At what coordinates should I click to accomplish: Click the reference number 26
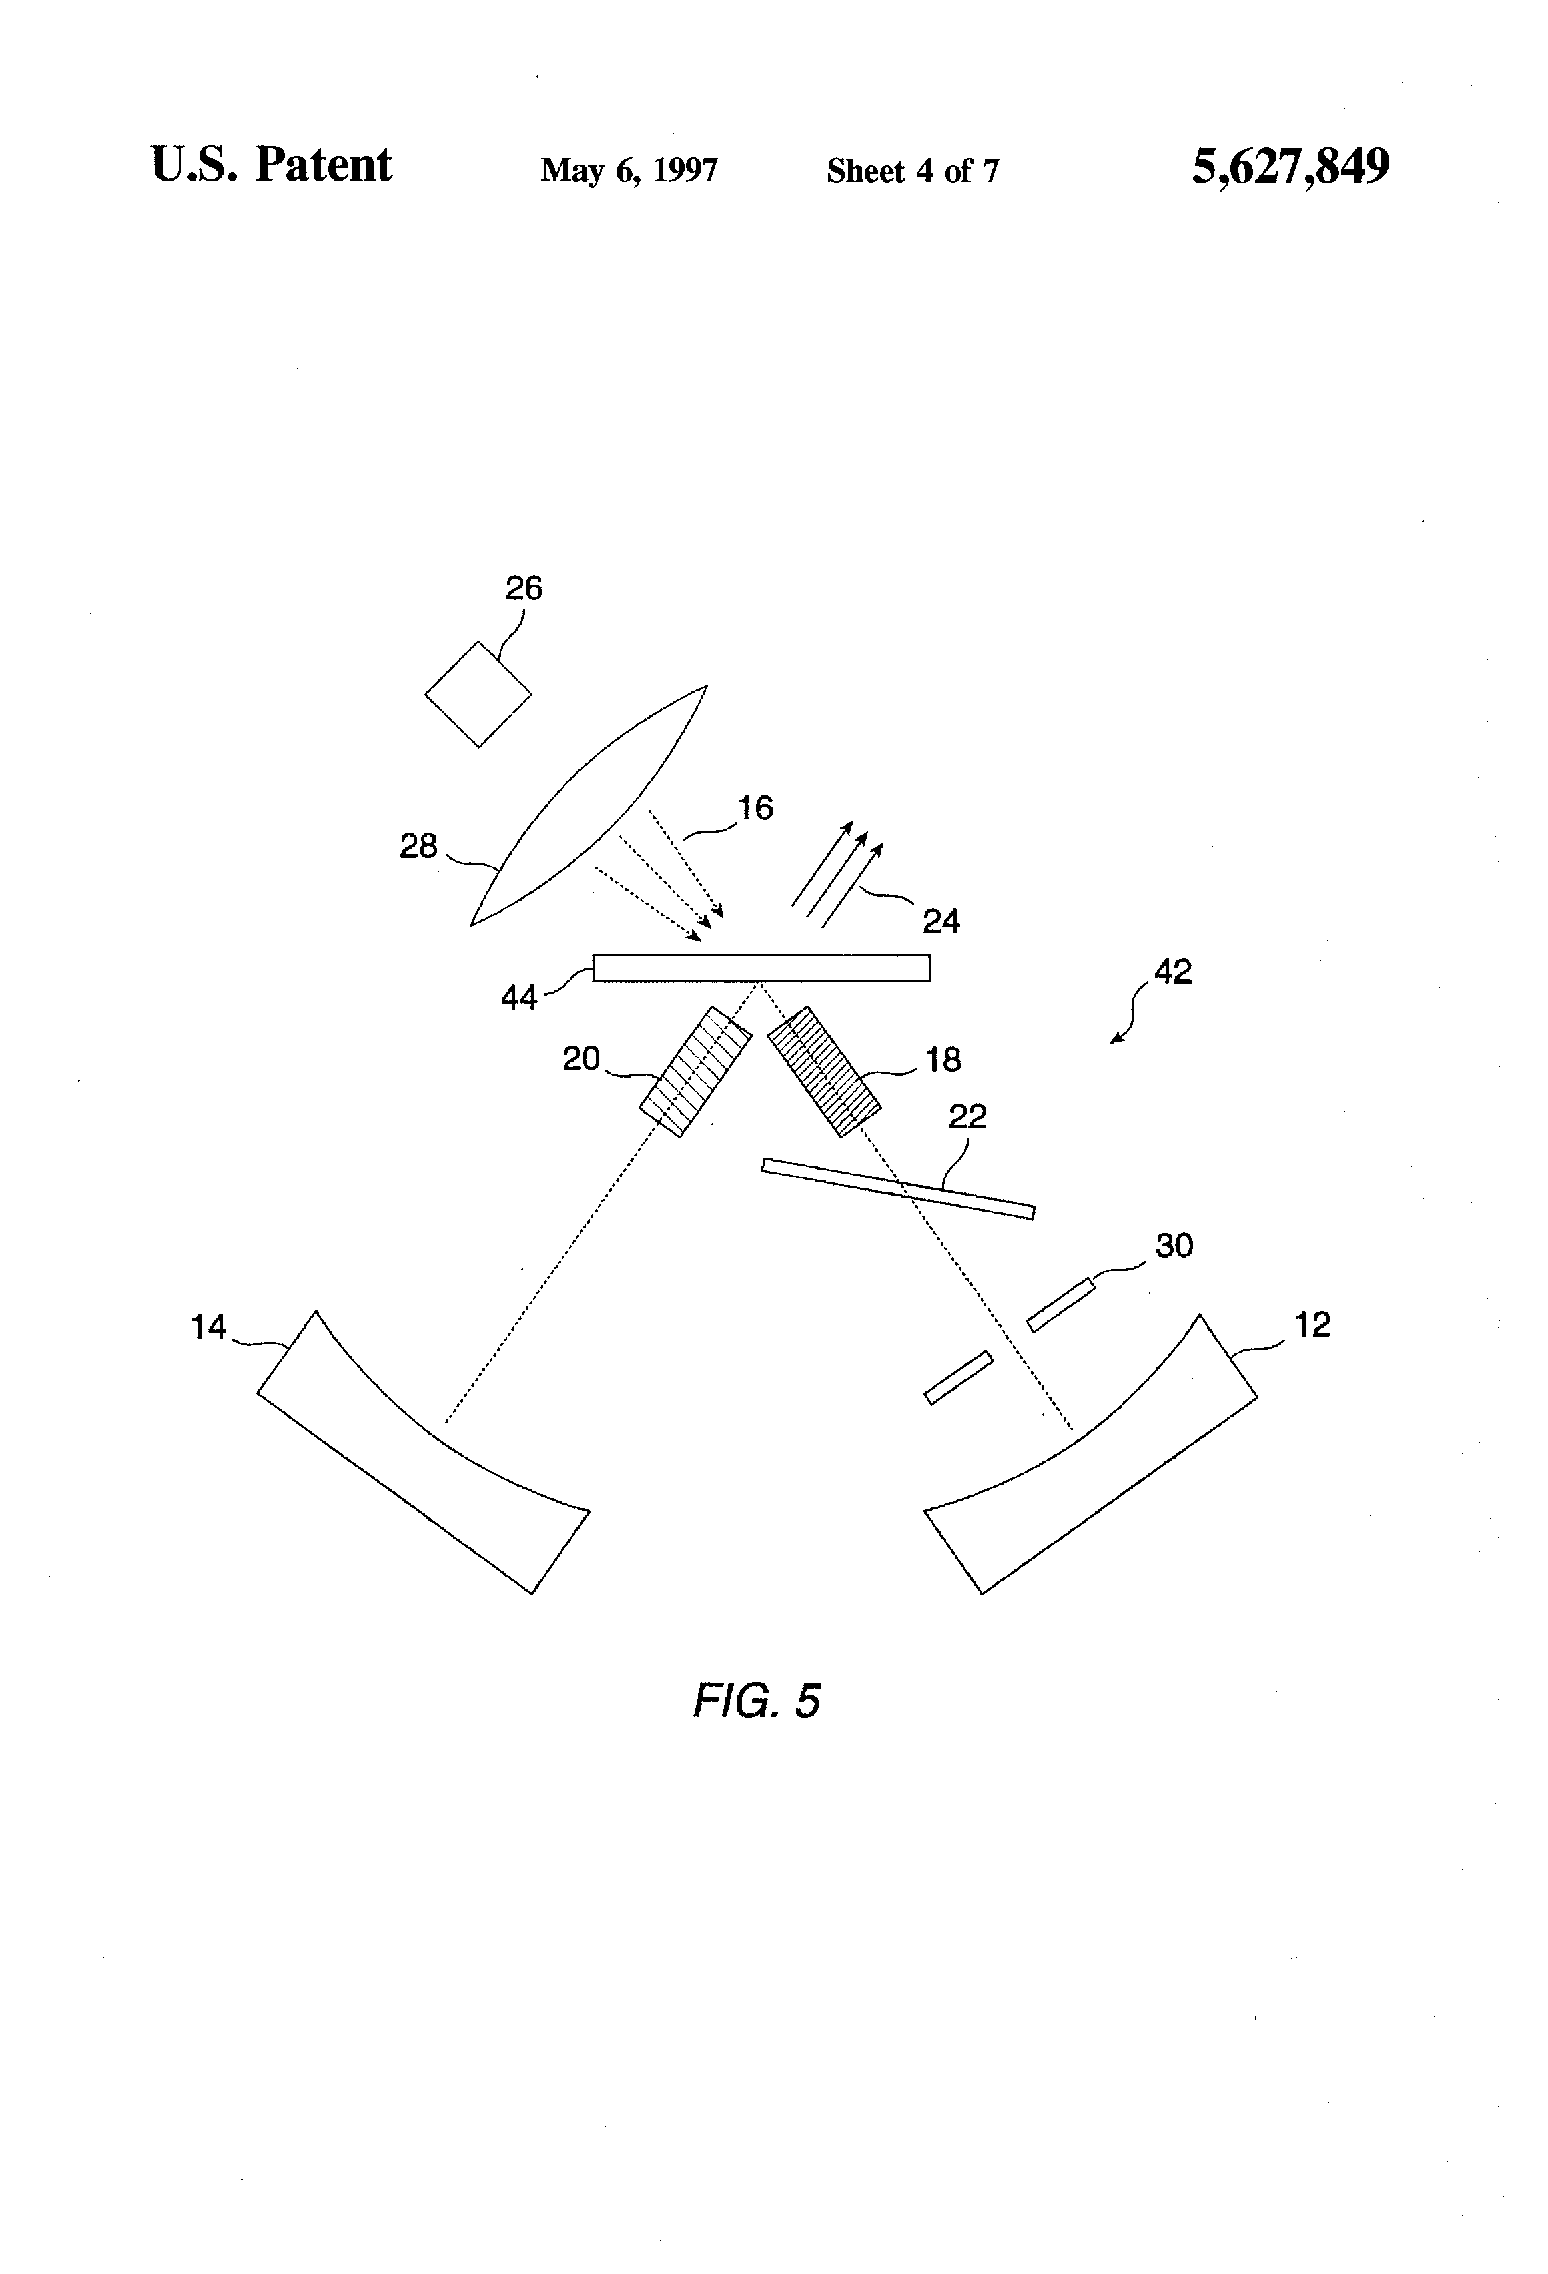coord(524,588)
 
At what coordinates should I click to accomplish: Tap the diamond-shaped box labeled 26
coord(478,694)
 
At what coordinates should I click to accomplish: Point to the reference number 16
coord(755,808)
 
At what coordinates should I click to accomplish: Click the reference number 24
coord(941,921)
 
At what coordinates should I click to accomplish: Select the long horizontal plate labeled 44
coord(761,968)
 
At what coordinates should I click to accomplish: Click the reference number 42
coord(1173,972)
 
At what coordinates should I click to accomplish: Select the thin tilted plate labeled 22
coord(897,1189)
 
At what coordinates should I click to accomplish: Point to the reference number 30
coord(1174,1246)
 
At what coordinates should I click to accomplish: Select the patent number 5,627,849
coord(1290,166)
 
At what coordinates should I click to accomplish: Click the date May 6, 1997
coord(629,171)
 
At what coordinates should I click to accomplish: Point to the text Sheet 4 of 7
coord(912,171)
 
